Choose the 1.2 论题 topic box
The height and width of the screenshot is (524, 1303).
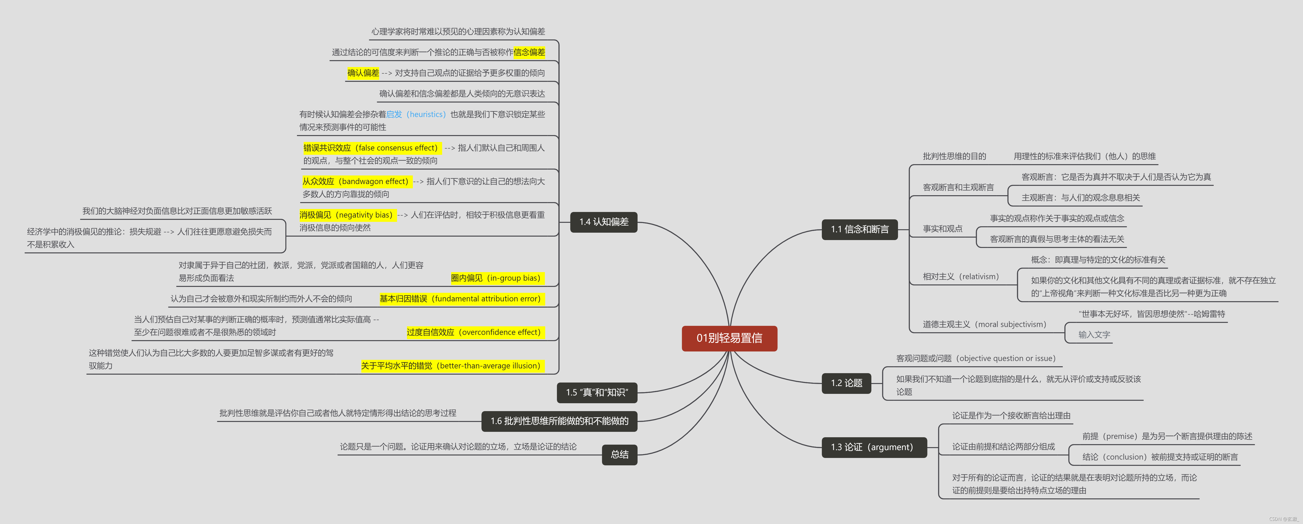click(846, 383)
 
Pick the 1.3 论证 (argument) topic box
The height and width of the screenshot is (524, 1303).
click(874, 447)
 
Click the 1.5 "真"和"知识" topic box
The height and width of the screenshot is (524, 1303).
click(597, 393)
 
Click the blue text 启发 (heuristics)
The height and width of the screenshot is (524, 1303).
click(416, 114)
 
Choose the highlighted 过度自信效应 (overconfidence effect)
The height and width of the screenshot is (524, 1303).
click(474, 332)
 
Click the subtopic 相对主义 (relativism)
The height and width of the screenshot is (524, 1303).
click(961, 276)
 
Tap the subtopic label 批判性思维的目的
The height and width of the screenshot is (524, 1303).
click(954, 156)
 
